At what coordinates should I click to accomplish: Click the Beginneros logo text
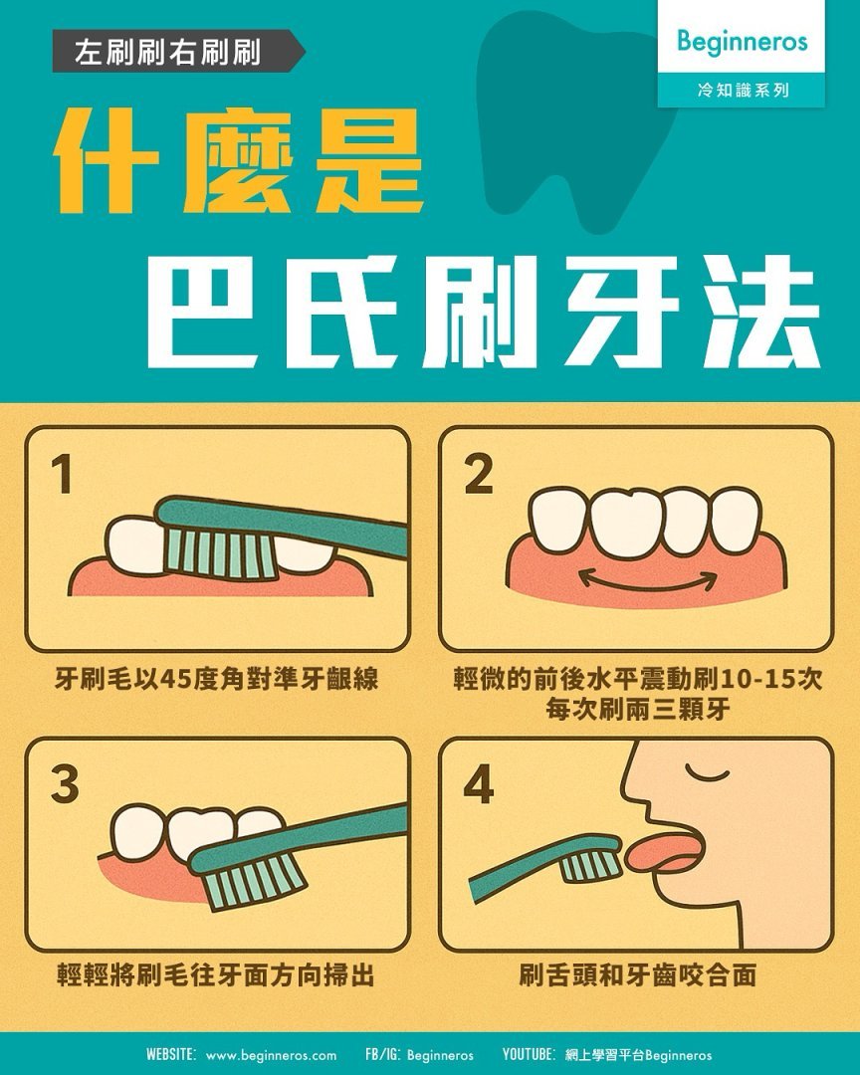coord(742,42)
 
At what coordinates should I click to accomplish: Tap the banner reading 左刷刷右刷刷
coord(178,52)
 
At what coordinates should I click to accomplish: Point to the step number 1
coord(63,475)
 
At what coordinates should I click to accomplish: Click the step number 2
coord(478,475)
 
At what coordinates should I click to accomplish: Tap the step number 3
coord(65,784)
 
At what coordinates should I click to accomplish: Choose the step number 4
coord(479,784)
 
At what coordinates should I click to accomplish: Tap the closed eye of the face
coord(707,774)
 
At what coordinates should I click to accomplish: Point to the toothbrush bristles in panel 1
coord(217,552)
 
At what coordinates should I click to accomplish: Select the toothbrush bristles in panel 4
coord(591,865)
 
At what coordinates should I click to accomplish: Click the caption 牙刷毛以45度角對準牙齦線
coord(217,679)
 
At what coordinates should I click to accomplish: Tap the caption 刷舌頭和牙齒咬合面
coord(637,974)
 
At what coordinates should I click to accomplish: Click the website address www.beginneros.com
coord(271,1055)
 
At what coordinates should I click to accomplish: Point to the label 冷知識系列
coord(743,90)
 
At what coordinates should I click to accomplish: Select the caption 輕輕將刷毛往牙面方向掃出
coord(216,974)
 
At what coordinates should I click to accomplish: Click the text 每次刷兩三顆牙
coord(638,709)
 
